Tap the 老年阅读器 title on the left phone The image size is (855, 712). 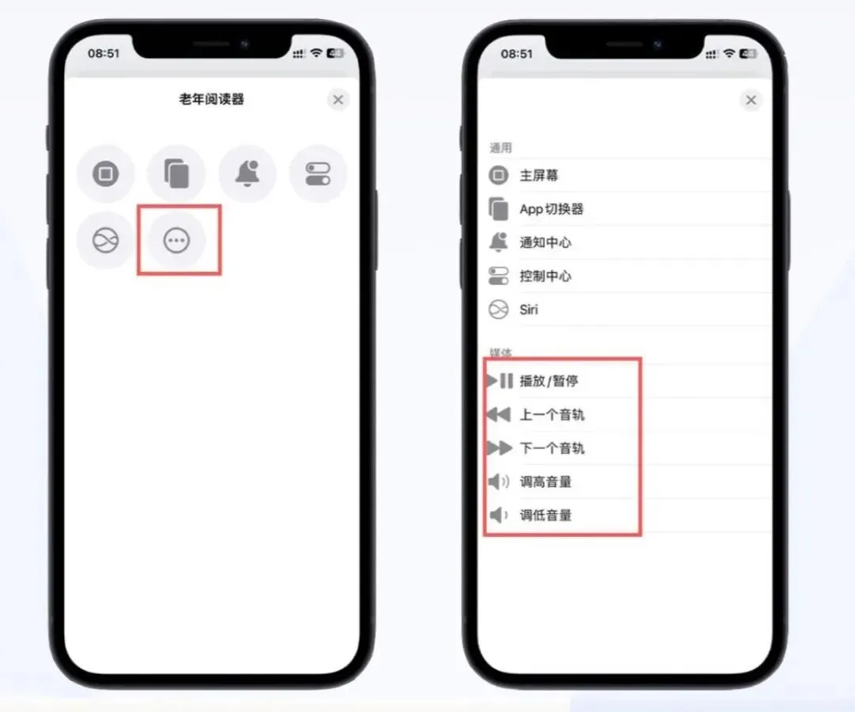[211, 100]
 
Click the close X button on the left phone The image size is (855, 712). [338, 100]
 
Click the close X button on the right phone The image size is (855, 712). [750, 100]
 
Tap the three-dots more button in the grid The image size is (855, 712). [177, 241]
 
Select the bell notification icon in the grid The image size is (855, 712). [248, 173]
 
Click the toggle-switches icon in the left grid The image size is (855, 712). [318, 173]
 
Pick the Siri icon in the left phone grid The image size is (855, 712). [105, 241]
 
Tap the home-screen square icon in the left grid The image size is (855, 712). [105, 173]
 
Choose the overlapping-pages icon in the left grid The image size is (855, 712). [177, 173]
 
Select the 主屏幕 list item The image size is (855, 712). [539, 176]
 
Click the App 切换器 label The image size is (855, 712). [551, 209]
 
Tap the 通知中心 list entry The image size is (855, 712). [545, 243]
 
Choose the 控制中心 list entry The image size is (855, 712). [545, 276]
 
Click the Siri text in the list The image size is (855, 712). [529, 310]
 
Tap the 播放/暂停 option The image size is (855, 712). [549, 381]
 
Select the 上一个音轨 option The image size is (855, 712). [552, 415]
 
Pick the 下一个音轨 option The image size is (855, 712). [552, 448]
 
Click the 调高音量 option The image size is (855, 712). [545, 482]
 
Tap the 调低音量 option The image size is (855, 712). [545, 516]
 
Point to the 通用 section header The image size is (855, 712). [501, 148]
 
